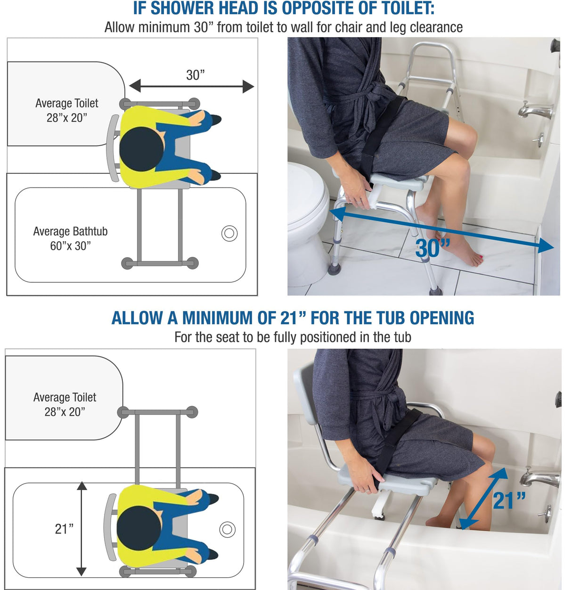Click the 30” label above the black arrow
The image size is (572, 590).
coord(195,75)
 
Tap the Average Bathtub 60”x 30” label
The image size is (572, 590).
coord(70,238)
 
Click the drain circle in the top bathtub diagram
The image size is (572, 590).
coord(229,233)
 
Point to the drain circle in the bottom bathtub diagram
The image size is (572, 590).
coord(227,529)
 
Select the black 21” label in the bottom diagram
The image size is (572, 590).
coord(64,529)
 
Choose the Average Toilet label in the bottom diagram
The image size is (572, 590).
coord(65,404)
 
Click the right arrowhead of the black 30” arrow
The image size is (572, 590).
coord(248,86)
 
